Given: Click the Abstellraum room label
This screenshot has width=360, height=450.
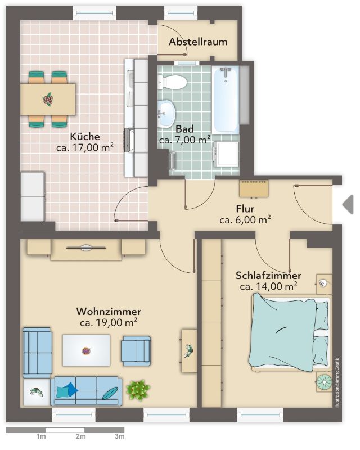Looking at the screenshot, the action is [x=198, y=42].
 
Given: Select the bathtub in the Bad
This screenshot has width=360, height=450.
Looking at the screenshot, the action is [x=226, y=100].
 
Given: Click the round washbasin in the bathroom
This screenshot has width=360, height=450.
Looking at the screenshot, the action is [x=166, y=114].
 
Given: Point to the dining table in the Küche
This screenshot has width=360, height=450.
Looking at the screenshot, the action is [x=48, y=99].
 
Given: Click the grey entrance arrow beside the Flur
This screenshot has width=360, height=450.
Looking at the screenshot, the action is [x=348, y=204].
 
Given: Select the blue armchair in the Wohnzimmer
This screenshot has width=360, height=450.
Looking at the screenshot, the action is [x=136, y=350].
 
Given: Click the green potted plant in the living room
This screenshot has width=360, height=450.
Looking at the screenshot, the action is [x=138, y=390].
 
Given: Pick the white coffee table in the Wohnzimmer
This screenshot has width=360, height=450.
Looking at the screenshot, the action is [x=86, y=350].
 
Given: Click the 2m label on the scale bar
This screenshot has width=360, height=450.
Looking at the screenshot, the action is [x=81, y=436].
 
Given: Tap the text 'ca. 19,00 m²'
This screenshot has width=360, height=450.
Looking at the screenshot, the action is [x=109, y=322].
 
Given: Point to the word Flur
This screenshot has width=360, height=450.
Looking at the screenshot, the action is [x=245, y=209].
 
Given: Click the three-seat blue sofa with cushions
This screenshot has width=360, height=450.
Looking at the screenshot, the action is [x=86, y=391].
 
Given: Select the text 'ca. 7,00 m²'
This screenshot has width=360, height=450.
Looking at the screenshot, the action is [x=185, y=140].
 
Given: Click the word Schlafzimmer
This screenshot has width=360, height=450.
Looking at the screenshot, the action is [x=268, y=276].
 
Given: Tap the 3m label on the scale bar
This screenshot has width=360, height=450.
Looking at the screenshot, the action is [x=120, y=436].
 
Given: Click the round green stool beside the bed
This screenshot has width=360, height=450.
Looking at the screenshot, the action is [x=325, y=382].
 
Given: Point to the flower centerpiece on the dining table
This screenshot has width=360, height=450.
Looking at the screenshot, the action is [x=48, y=100].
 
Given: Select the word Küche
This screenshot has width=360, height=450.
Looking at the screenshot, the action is [x=85, y=136].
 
